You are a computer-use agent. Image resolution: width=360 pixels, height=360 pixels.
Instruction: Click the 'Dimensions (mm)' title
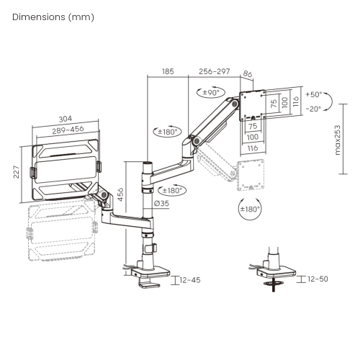[x=53, y=17]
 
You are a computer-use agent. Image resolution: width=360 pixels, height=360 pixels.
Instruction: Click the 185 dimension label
[x=168, y=71]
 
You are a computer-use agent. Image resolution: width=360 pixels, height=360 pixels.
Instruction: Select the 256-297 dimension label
[x=215, y=71]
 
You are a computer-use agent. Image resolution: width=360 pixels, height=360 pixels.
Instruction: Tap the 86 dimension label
[x=248, y=74]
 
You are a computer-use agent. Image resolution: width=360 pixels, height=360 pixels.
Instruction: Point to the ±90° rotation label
[x=211, y=92]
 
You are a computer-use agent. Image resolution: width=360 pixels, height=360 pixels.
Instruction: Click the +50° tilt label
[x=313, y=94]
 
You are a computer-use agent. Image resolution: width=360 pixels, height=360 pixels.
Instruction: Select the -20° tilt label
[x=313, y=109]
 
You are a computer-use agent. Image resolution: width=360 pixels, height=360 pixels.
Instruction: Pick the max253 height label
[x=338, y=140]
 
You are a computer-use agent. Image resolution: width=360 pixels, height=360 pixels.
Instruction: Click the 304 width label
[x=66, y=119]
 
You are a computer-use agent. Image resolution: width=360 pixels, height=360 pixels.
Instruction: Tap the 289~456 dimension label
[x=68, y=130]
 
